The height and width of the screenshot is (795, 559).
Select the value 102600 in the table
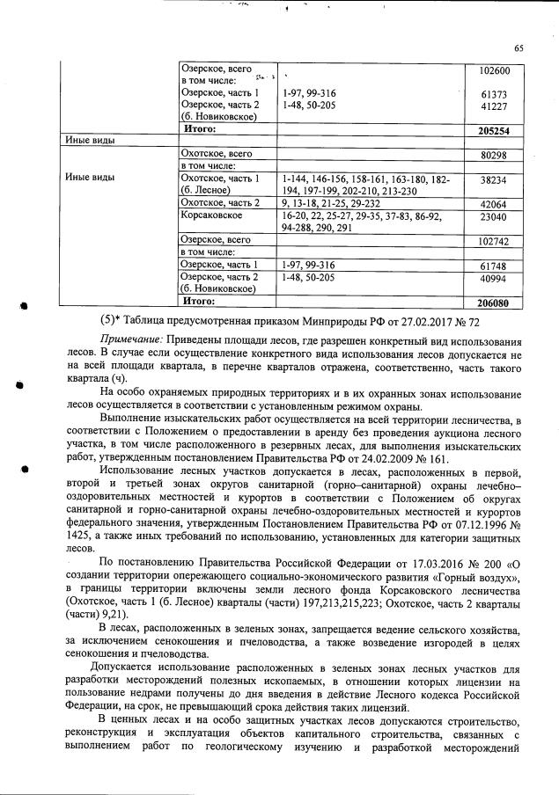click(x=495, y=69)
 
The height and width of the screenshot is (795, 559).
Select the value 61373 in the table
click(x=495, y=93)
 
